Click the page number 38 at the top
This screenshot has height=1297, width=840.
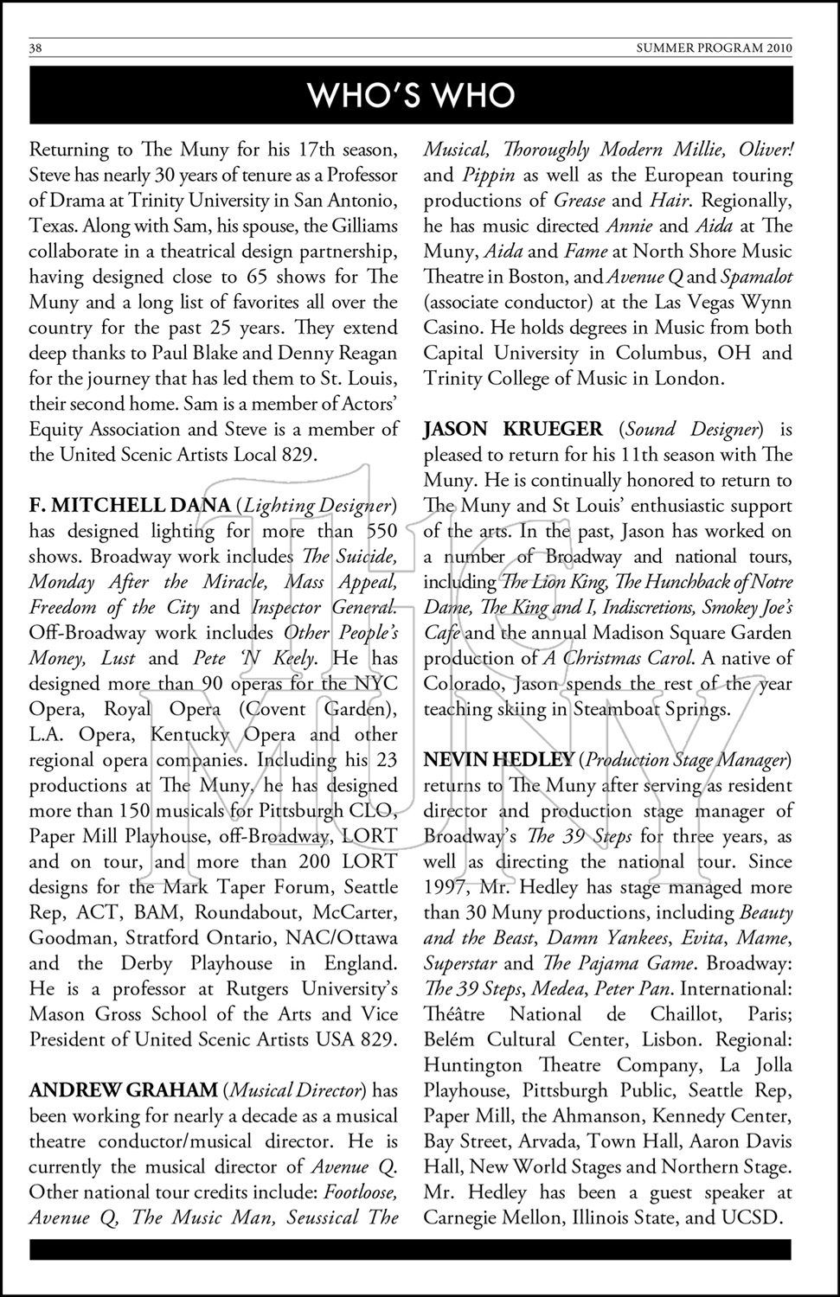[35, 48]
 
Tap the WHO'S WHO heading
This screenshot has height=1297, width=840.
[411, 95]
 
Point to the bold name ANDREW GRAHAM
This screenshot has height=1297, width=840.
[124, 1090]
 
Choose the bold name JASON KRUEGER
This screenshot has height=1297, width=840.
[513, 429]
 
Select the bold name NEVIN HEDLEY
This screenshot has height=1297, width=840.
[498, 760]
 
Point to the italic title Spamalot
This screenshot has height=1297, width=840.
[755, 277]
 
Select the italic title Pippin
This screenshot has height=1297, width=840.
[490, 175]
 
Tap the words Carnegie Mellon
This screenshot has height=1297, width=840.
[486, 1217]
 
